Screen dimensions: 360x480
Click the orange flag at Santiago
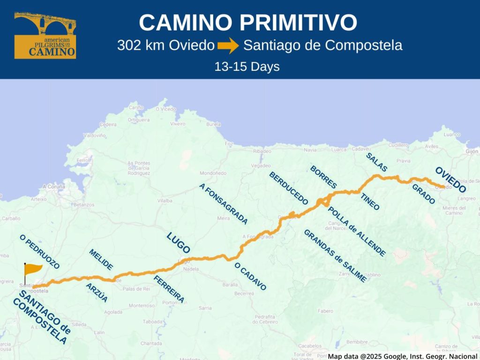tap(33, 270)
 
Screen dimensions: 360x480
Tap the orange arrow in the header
tap(228, 46)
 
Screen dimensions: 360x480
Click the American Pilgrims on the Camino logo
tap(45, 36)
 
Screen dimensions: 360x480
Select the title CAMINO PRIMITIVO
tap(248, 22)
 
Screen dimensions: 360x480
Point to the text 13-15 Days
tap(247, 67)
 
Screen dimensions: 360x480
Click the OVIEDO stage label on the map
tap(450, 180)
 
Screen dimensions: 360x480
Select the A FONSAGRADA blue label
tap(224, 203)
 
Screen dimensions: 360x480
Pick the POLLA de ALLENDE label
tap(357, 231)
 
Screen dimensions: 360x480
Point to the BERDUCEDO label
tap(288, 188)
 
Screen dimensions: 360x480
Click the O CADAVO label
tap(250, 277)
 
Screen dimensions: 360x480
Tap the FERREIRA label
tap(169, 289)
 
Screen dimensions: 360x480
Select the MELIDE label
tap(101, 259)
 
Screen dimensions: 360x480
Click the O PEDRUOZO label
tap(40, 252)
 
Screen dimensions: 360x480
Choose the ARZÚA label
tap(97, 292)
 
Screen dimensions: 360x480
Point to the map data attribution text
tap(403, 356)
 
